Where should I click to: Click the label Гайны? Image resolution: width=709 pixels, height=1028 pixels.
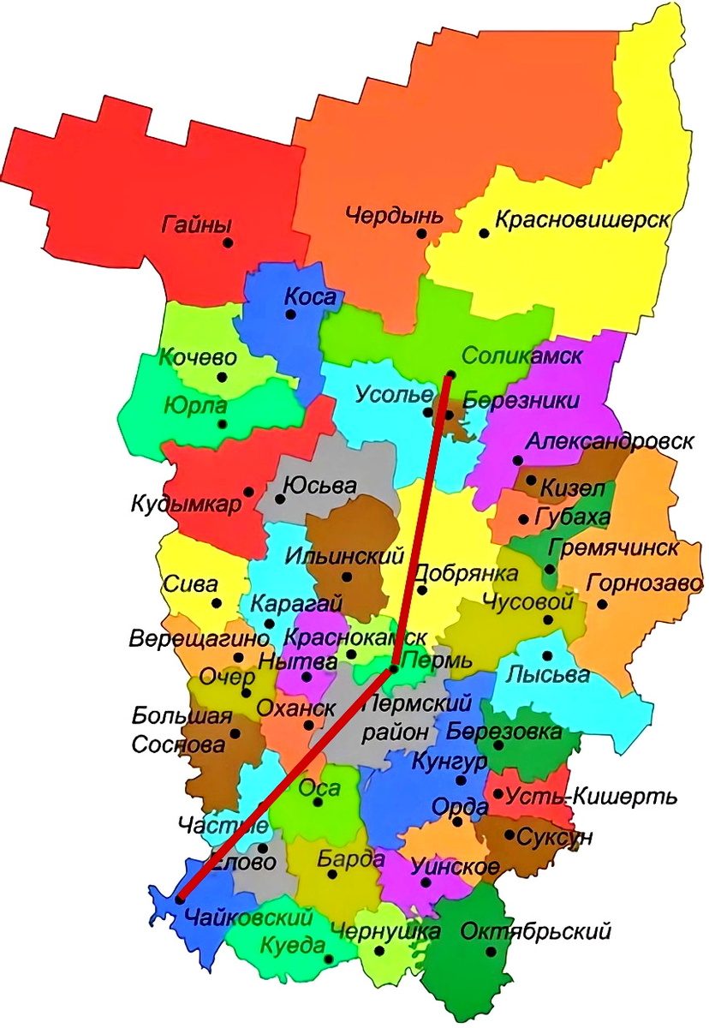[x=196, y=226]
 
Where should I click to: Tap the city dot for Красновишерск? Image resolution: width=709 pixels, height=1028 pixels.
[x=484, y=233]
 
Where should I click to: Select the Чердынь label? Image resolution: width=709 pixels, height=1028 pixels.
[x=395, y=215]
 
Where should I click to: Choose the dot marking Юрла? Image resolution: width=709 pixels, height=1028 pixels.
[x=223, y=423]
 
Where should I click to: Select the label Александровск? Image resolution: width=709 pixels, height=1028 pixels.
[x=609, y=442]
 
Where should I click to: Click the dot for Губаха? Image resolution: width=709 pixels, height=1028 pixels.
[x=523, y=518]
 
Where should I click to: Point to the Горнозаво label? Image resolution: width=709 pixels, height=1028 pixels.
[x=645, y=584]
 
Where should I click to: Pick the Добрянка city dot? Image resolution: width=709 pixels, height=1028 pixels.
[x=421, y=589]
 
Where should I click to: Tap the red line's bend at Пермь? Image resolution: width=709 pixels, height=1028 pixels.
[x=391, y=668]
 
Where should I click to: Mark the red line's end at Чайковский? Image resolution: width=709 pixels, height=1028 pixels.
[x=179, y=898]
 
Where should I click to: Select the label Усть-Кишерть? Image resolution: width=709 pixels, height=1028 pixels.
[x=592, y=797]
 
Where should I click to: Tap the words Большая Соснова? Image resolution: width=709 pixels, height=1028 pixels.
[x=182, y=731]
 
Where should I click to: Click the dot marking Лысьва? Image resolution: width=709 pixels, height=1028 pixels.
[x=547, y=655]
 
